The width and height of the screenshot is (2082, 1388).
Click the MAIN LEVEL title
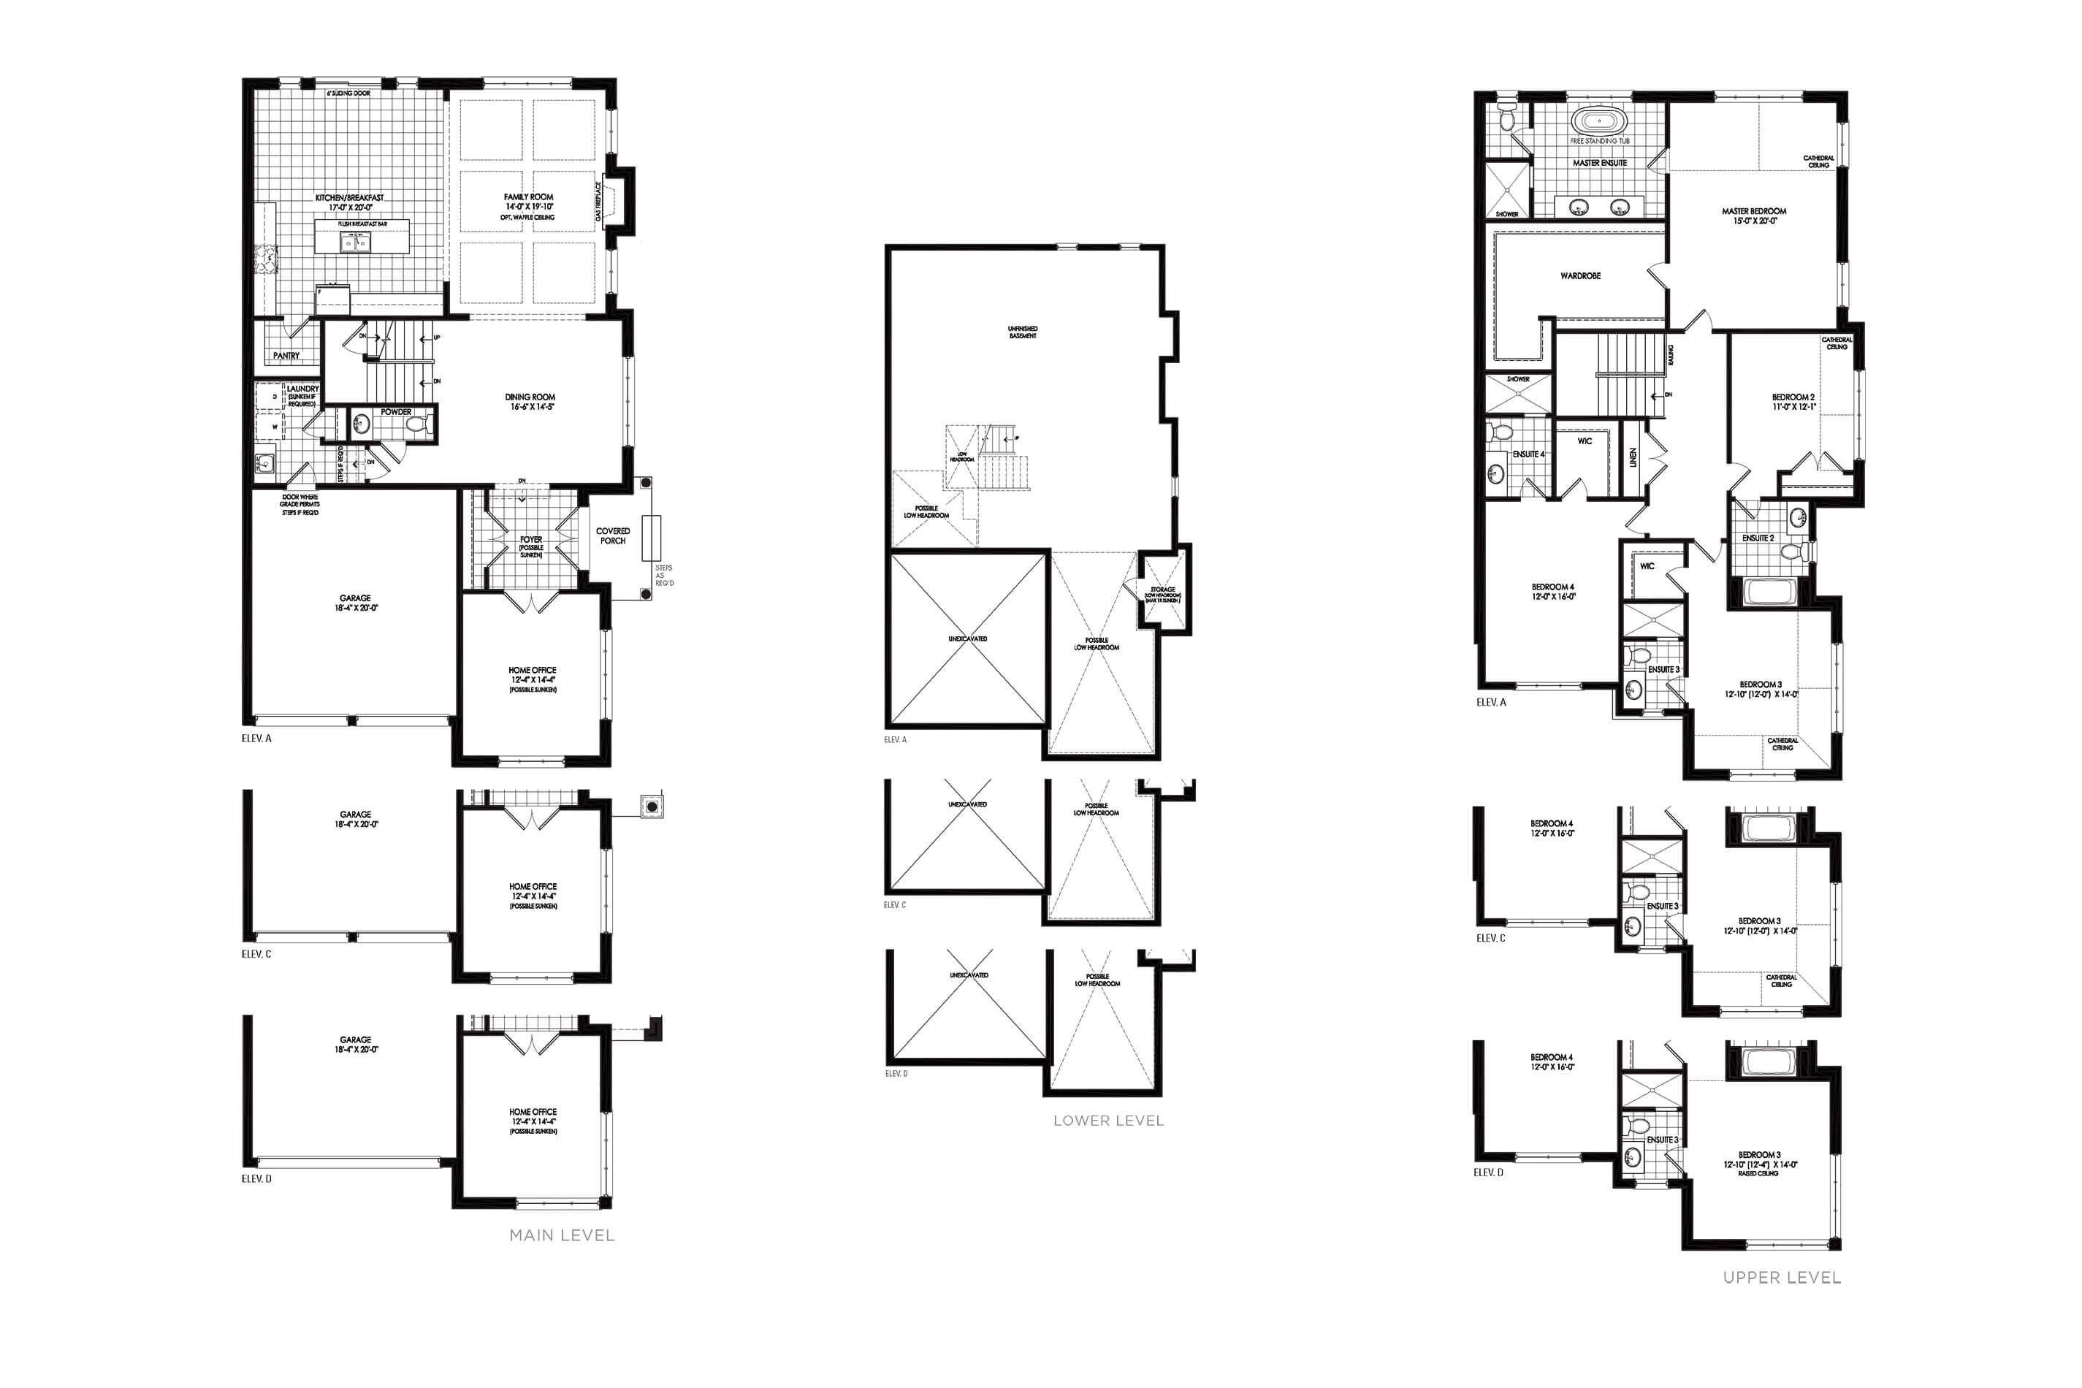click(x=561, y=1235)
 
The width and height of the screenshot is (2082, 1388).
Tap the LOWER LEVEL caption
click(x=1107, y=1120)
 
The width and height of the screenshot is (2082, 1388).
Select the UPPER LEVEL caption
click(x=1781, y=1278)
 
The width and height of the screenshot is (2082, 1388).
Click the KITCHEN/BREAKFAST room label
click(x=350, y=198)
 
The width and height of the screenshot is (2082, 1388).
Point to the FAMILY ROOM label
click(x=528, y=197)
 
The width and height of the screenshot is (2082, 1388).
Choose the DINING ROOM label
click(x=530, y=397)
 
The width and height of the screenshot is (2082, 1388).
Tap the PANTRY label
click(x=286, y=356)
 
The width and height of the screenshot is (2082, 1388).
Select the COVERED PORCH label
click(x=613, y=535)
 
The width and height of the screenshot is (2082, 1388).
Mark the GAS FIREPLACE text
click(x=598, y=201)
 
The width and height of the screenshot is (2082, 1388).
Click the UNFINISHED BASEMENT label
click(x=1023, y=332)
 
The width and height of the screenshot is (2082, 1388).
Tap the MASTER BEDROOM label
click(x=1753, y=212)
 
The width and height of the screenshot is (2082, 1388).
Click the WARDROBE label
click(x=1580, y=276)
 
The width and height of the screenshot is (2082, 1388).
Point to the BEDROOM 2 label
click(x=1793, y=397)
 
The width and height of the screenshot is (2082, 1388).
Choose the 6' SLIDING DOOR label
click(x=348, y=93)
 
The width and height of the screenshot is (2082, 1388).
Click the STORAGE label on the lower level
click(x=1162, y=590)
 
